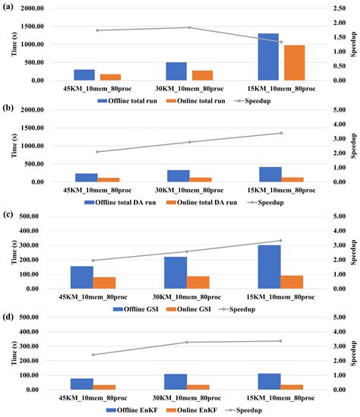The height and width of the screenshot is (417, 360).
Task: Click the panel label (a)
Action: click(8, 8)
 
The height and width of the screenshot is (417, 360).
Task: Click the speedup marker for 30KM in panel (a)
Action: click(188, 27)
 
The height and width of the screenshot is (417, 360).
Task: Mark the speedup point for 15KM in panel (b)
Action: click(280, 133)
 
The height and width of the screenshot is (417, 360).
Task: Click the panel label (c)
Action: click(8, 212)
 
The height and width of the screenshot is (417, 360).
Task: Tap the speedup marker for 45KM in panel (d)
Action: click(93, 355)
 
